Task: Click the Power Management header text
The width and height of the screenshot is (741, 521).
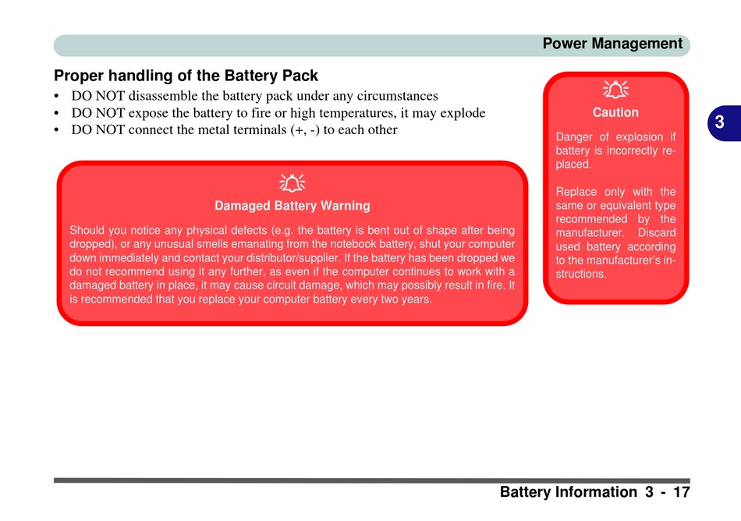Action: [x=612, y=44]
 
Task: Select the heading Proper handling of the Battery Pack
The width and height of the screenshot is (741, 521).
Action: [x=186, y=76]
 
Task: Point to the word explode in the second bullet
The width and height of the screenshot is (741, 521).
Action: [x=463, y=113]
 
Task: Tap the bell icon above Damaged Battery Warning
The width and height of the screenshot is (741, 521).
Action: [x=292, y=183]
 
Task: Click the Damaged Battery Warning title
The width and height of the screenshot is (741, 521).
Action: [x=292, y=206]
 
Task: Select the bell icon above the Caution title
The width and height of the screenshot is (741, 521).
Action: [x=615, y=90]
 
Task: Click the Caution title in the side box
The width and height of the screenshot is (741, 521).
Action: [x=615, y=112]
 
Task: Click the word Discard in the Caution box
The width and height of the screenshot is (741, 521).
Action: [x=657, y=233]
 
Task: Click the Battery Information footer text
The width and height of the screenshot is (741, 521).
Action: [x=568, y=492]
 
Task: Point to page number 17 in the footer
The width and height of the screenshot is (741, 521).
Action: [x=681, y=492]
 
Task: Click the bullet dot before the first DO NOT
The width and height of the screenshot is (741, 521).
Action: [x=58, y=97]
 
